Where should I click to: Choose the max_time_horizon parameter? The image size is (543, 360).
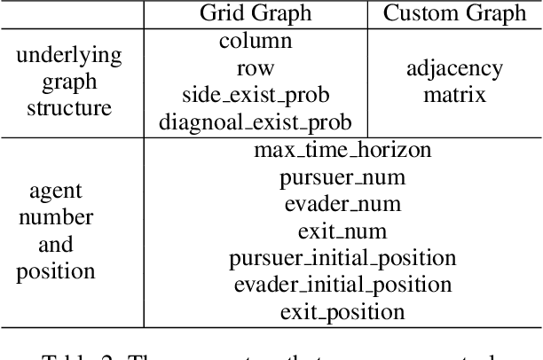342,149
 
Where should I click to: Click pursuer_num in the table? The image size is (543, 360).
342,176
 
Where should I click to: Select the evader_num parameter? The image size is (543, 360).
342,204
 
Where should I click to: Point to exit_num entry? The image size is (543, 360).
342,231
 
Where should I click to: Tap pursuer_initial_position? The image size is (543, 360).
342,258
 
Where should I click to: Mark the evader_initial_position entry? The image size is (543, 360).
342,285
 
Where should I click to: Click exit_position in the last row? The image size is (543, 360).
342,312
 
